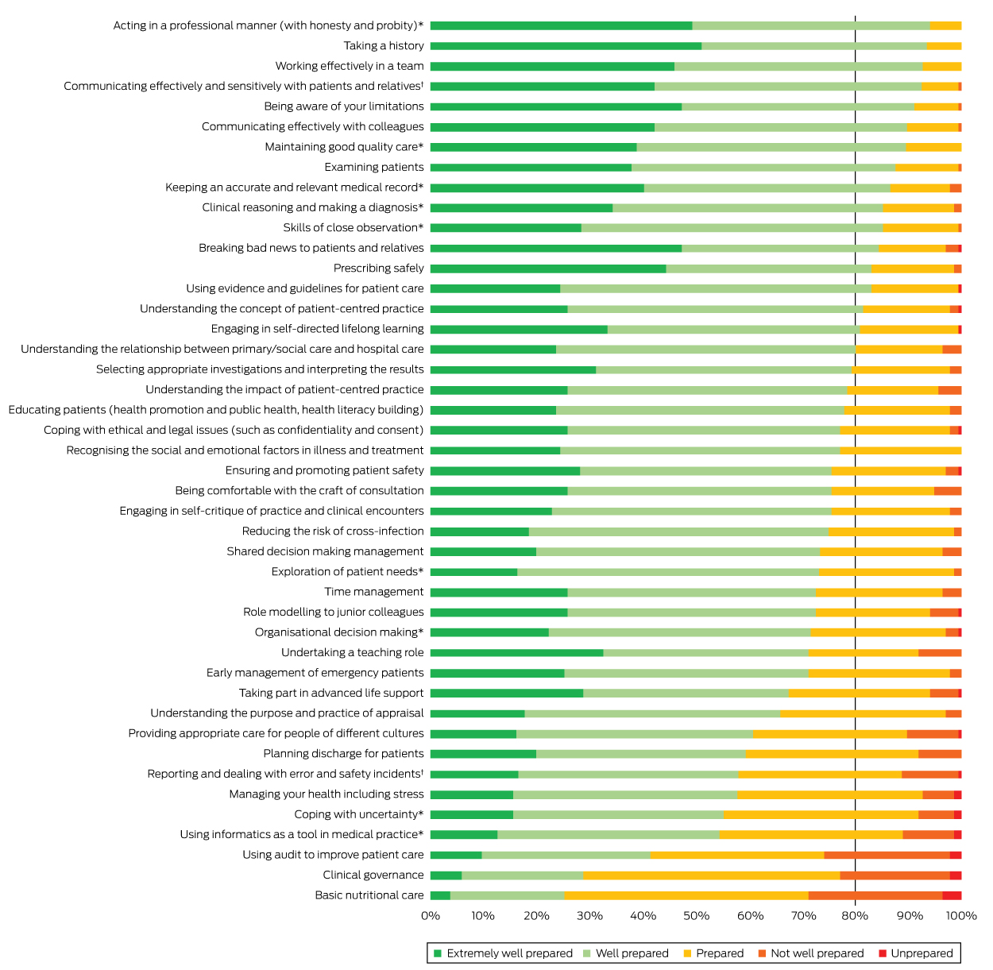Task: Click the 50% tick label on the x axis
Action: coord(696,916)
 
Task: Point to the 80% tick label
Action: coord(856,916)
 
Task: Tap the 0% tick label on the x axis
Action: coord(431,916)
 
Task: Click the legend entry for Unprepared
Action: coord(921,953)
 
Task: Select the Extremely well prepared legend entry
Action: coord(509,953)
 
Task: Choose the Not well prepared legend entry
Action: coord(817,953)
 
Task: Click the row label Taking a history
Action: coord(384,46)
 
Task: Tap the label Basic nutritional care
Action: coord(369,895)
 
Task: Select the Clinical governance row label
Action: coord(373,875)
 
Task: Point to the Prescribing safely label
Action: coord(379,269)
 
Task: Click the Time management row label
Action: coord(374,592)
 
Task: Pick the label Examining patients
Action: coord(374,168)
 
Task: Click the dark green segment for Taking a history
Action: coord(566,46)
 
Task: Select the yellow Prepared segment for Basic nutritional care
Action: coord(686,895)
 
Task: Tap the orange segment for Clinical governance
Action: coord(894,875)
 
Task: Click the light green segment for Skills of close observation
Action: coord(732,228)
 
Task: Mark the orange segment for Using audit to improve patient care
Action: coord(887,855)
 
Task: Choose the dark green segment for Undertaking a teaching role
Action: coord(516,653)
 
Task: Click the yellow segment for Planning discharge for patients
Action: coord(832,754)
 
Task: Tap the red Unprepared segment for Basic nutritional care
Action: coord(952,895)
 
